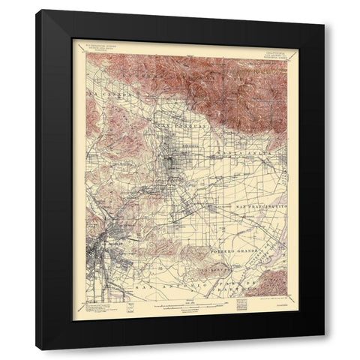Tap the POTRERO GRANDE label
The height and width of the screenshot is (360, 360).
226,266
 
